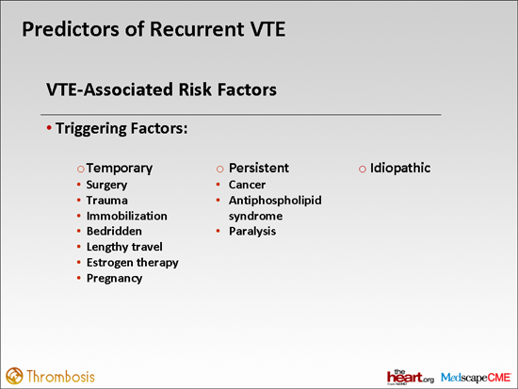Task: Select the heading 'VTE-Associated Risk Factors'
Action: click(161, 90)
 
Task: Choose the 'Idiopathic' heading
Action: click(400, 168)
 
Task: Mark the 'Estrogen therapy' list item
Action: click(138, 262)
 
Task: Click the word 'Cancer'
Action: click(247, 185)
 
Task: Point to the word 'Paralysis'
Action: click(252, 231)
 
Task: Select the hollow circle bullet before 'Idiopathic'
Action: click(362, 169)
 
